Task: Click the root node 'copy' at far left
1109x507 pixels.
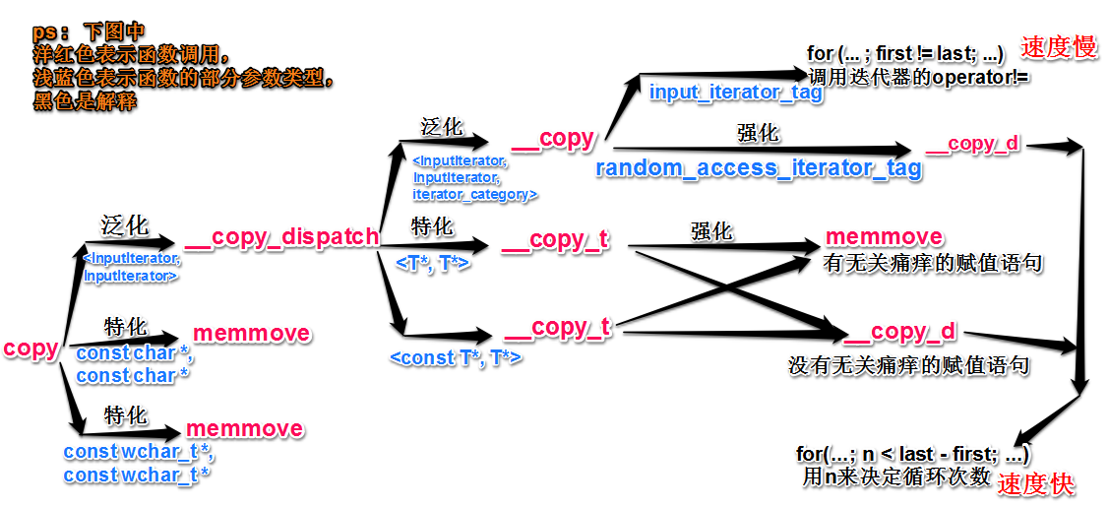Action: coord(31,349)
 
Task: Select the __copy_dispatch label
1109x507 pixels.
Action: coord(281,237)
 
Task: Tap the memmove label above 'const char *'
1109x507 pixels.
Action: coord(251,334)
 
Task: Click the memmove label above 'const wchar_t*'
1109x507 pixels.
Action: coord(244,429)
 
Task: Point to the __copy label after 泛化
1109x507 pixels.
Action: coord(553,139)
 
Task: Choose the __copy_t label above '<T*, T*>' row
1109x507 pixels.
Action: coord(555,240)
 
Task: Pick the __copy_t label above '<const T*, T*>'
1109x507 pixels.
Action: coord(557,328)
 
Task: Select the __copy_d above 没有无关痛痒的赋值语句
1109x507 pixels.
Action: coord(899,332)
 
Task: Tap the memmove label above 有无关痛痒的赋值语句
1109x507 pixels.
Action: coord(884,237)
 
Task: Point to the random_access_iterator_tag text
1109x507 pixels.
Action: coord(759,168)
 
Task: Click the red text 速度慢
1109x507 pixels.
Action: coord(1059,47)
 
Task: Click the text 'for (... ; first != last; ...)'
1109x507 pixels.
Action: coord(905,53)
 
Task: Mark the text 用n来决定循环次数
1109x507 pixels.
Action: coord(895,475)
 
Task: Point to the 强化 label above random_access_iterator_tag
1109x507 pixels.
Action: coord(758,133)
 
